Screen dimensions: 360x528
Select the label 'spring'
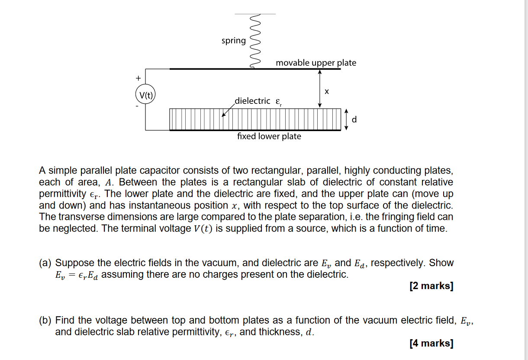233,41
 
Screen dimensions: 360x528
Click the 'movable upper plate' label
316,63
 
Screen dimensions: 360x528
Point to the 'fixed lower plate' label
269,136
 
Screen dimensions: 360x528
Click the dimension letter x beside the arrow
327,92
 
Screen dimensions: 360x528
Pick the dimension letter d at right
354,119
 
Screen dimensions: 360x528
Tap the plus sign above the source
138,78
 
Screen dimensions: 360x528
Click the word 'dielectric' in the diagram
253,101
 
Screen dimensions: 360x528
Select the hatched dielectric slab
255,119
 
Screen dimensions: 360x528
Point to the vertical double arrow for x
319,89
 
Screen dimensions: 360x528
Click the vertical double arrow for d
346,119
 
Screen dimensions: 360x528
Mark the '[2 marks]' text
431,286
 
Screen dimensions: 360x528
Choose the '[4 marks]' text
431,344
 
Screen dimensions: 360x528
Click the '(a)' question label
45,263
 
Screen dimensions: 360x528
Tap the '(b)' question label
45,321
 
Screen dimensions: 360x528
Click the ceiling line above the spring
255,14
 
